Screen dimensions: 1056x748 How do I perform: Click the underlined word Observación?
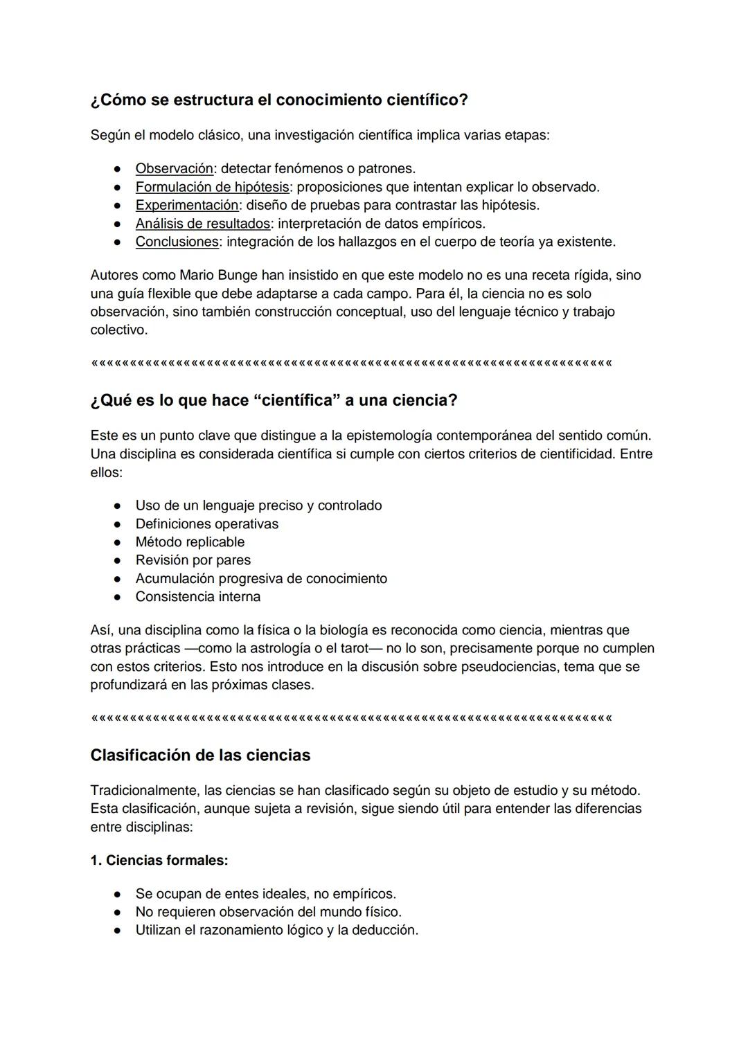click(x=174, y=168)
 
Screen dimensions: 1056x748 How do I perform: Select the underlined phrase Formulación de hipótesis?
click(x=212, y=187)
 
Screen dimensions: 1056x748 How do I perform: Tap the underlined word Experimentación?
click(x=187, y=205)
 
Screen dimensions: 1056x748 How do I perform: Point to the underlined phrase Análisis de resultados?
click(x=202, y=224)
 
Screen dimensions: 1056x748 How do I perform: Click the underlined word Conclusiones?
click(x=177, y=242)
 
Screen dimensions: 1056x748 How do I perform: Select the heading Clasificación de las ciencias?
click(x=200, y=755)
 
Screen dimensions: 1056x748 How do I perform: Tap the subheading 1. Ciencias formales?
click(x=159, y=860)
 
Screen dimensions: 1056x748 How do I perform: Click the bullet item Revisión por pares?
click(x=193, y=560)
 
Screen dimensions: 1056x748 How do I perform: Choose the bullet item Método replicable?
click(x=190, y=542)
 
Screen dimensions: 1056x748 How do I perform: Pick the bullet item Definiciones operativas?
click(x=206, y=523)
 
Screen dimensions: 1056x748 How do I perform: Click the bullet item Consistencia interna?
click(x=197, y=596)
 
